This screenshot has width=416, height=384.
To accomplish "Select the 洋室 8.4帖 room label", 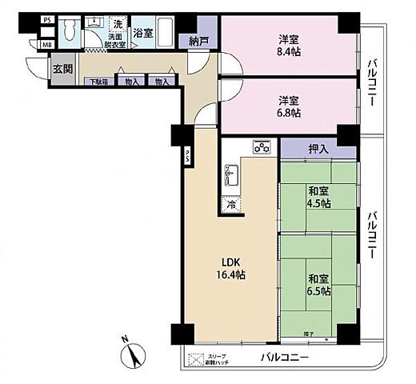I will [289, 46].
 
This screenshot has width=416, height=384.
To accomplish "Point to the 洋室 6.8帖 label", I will [289, 106].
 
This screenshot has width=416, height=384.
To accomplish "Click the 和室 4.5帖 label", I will [318, 196].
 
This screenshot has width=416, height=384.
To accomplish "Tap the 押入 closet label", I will [318, 148].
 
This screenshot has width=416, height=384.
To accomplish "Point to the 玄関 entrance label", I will [62, 70].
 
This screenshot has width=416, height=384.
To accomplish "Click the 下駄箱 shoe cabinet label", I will [98, 82].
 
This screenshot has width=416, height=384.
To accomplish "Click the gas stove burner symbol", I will [262, 147].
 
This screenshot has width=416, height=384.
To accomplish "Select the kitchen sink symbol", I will [233, 172].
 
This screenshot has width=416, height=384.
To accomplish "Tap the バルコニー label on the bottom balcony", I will [283, 358].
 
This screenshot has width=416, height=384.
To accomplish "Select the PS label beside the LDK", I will [187, 155].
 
